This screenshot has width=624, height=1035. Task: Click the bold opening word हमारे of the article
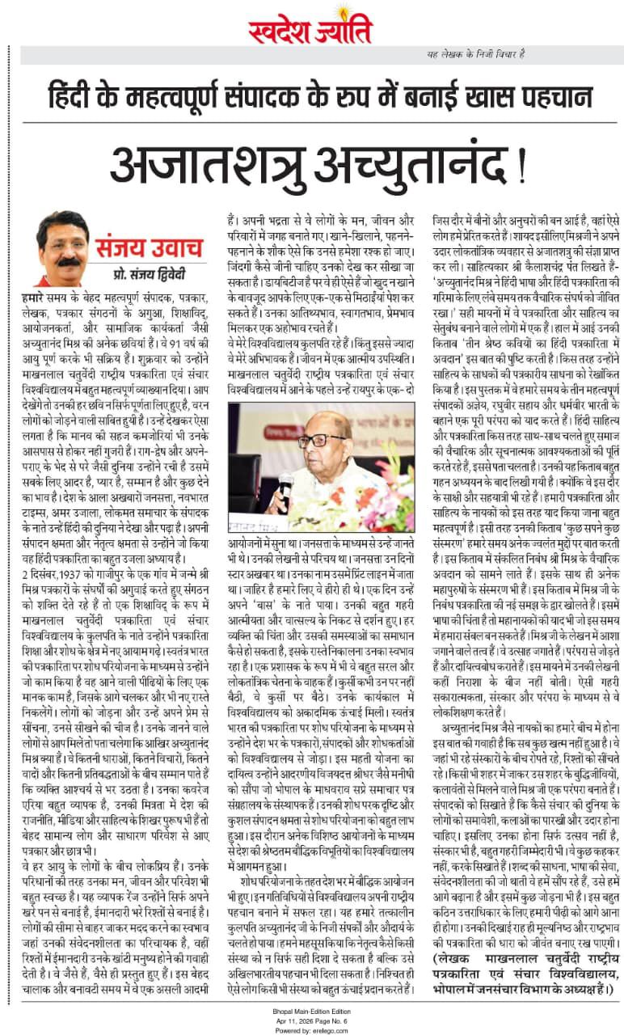coord(36,298)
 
